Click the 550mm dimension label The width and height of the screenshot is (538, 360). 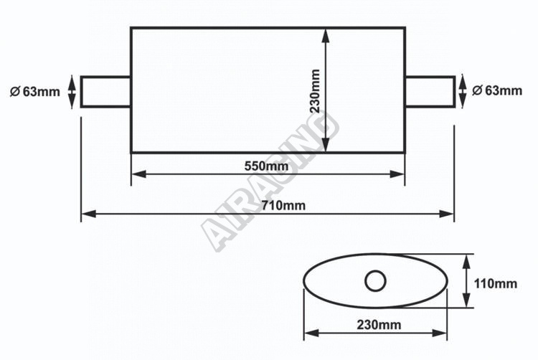266,166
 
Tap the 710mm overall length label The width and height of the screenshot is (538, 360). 283,205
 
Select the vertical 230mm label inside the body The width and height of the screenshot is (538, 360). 315,91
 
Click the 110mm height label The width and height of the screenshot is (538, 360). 495,283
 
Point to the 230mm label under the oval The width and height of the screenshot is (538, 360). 379,324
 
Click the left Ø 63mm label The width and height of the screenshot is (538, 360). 34,92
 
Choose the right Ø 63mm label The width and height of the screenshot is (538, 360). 497,90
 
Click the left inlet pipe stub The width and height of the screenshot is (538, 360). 105,92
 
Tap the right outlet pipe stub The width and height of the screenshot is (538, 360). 430,92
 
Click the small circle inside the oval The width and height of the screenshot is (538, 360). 375,281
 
